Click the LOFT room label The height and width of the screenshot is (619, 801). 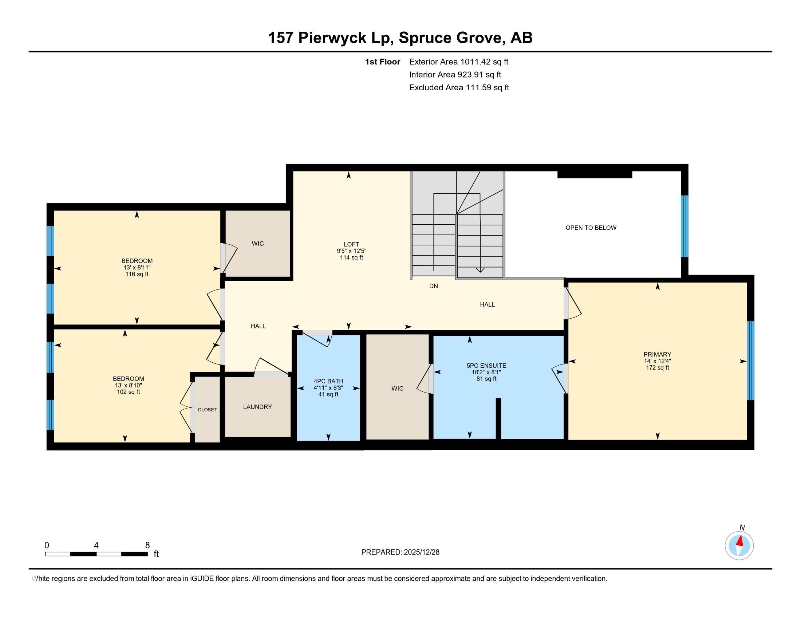[x=351, y=244]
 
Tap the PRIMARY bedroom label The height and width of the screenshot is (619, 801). [x=657, y=354]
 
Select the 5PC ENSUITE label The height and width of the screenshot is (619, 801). [x=486, y=366]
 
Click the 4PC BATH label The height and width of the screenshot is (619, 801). [x=328, y=381]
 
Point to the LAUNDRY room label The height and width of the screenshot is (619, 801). [x=257, y=407]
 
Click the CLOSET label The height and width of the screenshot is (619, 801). [x=207, y=410]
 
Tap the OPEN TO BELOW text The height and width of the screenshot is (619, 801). [x=591, y=228]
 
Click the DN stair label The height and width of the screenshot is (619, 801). [x=434, y=286]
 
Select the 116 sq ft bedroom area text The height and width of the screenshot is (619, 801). [x=137, y=274]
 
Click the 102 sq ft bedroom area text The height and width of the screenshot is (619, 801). [x=128, y=392]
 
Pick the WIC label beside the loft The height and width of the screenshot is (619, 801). [x=258, y=244]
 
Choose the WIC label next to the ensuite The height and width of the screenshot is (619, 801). [x=397, y=389]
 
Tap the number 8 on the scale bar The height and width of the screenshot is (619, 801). [x=147, y=545]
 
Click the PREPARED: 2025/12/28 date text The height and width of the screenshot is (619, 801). [x=400, y=552]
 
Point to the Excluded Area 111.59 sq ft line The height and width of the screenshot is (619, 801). [x=459, y=88]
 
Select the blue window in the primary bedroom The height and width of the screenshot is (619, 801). [x=750, y=360]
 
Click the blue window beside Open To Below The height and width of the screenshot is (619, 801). [x=684, y=226]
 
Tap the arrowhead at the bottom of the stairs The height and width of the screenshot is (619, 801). [x=480, y=270]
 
